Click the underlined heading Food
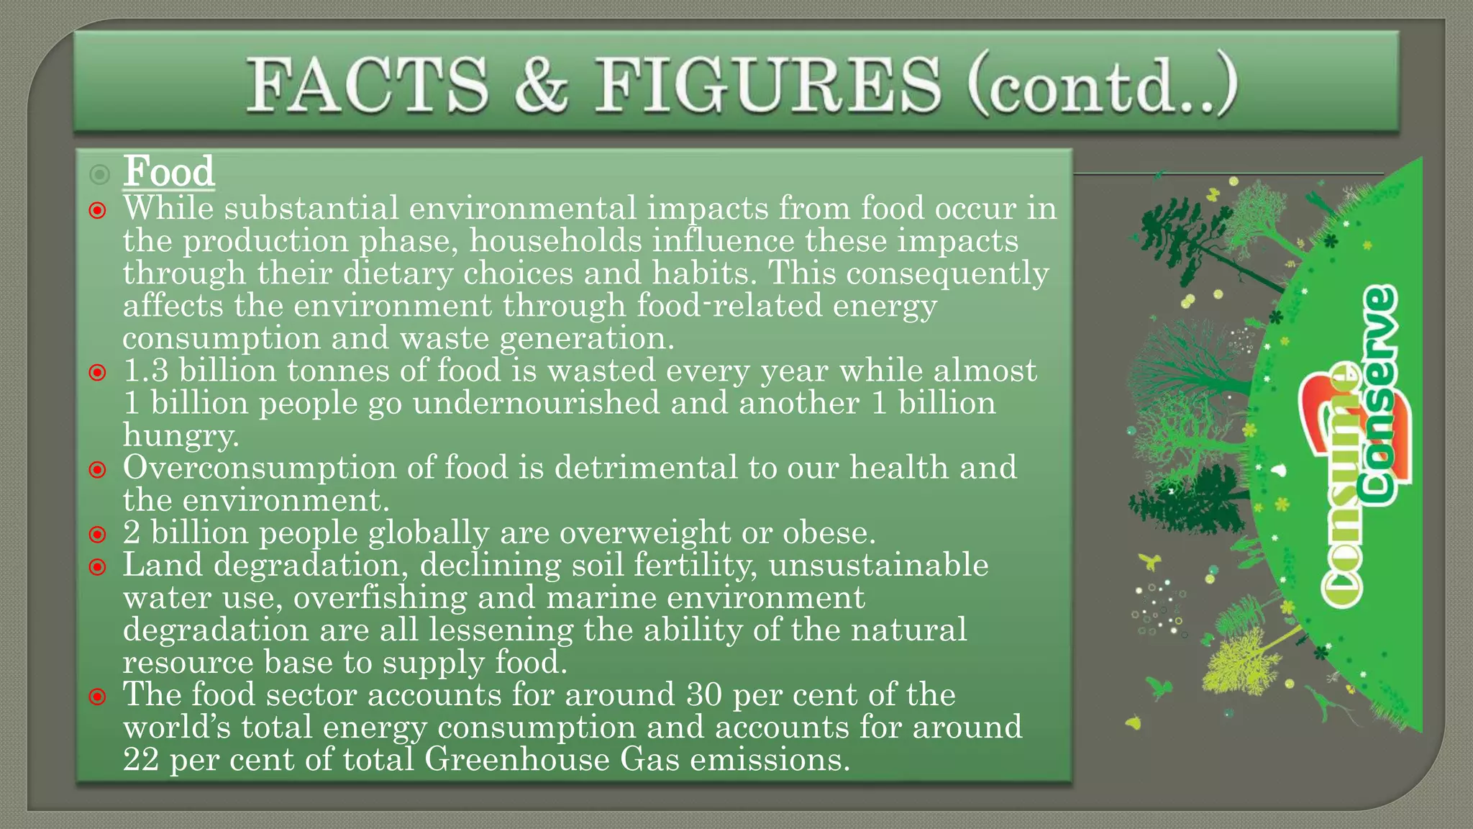pyautogui.click(x=169, y=172)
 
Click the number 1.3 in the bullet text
pyautogui.click(x=146, y=371)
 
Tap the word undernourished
pyautogui.click(x=536, y=403)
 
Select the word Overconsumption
pyautogui.click(x=260, y=468)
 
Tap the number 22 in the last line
pyautogui.click(x=141, y=759)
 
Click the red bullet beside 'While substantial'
pyautogui.click(x=98, y=211)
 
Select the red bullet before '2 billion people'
pyautogui.click(x=98, y=535)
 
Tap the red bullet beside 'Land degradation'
pyautogui.click(x=98, y=567)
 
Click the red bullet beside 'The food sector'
pyautogui.click(x=98, y=697)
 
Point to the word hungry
pyautogui.click(x=181, y=435)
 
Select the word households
pyautogui.click(x=555, y=241)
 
